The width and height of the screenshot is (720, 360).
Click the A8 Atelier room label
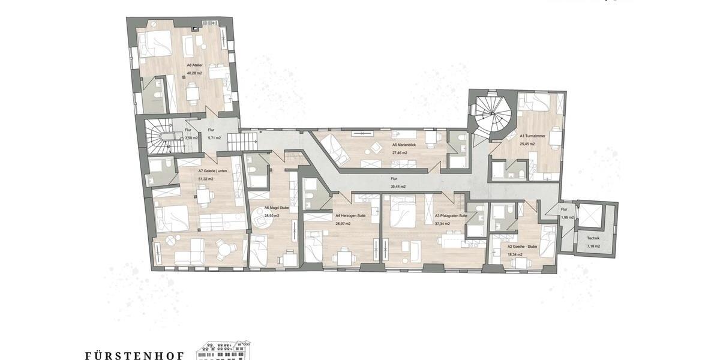click(194, 64)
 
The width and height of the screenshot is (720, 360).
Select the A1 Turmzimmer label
click(532, 136)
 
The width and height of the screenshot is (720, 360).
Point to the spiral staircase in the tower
click(491, 112)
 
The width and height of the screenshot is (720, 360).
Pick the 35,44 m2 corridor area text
click(398, 187)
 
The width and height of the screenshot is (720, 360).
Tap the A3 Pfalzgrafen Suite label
click(451, 216)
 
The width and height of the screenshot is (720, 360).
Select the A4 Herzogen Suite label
click(350, 216)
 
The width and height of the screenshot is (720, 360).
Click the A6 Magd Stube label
click(277, 208)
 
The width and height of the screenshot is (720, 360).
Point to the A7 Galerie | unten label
click(213, 170)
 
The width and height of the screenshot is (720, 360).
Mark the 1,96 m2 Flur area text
click(568, 217)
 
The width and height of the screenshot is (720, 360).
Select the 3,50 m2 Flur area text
click(191, 138)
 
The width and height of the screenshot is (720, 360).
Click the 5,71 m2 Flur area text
click(214, 138)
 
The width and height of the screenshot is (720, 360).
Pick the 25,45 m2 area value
click(527, 144)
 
